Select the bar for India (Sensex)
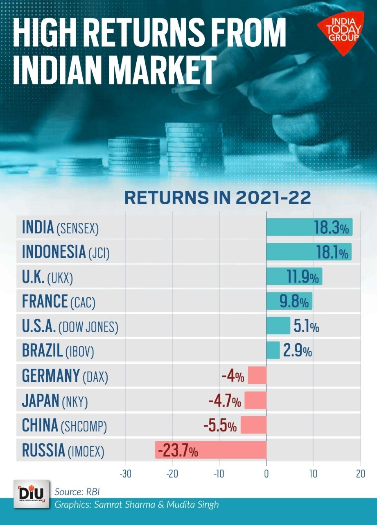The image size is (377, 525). point(309,227)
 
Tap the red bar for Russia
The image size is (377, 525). point(210,450)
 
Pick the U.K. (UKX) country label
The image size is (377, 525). point(47,278)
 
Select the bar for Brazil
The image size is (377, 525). point(273,350)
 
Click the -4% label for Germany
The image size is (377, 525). point(233,376)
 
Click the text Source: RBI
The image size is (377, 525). point(77,491)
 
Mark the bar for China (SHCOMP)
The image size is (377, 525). point(253,425)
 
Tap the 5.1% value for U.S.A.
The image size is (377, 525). point(306,327)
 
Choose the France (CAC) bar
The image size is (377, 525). point(289,301)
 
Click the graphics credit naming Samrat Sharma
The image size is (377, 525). point(137,504)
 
